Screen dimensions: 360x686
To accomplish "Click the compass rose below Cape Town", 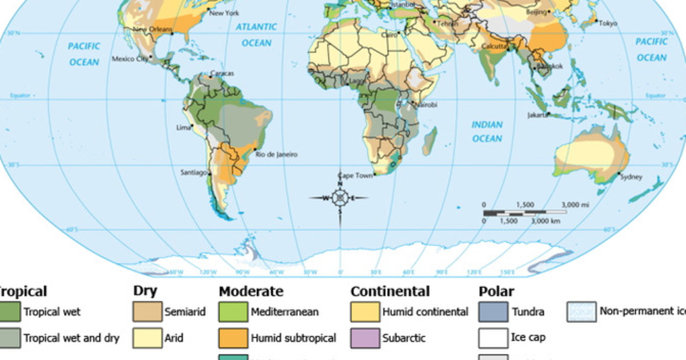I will click(x=340, y=198).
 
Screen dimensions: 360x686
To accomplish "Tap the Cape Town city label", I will click(x=356, y=175).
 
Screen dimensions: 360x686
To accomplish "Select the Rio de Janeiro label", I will click(x=276, y=154).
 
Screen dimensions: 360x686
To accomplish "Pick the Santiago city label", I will click(x=193, y=172).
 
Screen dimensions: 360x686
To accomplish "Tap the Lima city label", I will click(x=184, y=127).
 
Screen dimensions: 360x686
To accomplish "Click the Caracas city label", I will click(x=222, y=74).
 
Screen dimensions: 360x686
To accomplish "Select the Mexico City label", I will click(x=129, y=59).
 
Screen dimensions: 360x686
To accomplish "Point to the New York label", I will click(x=224, y=13).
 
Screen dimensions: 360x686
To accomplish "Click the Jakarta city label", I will click(x=537, y=115).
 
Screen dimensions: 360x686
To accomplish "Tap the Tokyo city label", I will click(x=608, y=23).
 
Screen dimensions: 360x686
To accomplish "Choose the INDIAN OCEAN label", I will click(x=487, y=131).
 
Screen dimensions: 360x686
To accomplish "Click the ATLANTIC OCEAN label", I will click(x=257, y=35).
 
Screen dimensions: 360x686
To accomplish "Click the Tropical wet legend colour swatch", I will click(x=9, y=312).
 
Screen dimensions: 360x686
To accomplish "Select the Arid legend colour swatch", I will click(x=147, y=338).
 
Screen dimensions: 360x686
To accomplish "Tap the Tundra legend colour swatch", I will click(x=493, y=312).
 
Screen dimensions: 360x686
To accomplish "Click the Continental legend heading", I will click(x=390, y=291).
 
